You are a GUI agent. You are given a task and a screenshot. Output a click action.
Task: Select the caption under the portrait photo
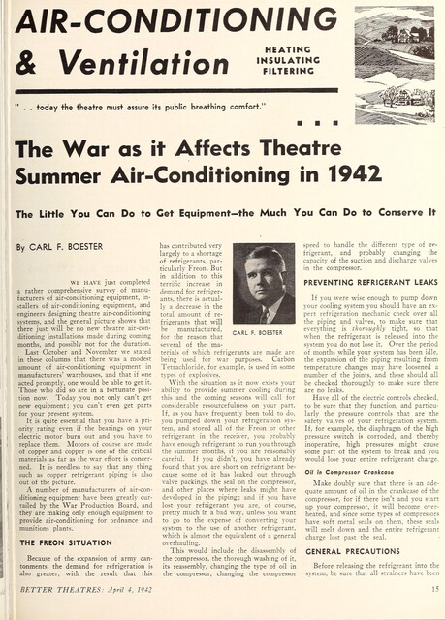click(263, 333)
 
